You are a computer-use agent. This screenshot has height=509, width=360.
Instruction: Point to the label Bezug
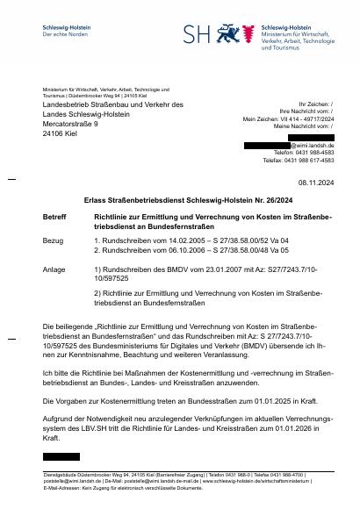click(53, 240)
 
